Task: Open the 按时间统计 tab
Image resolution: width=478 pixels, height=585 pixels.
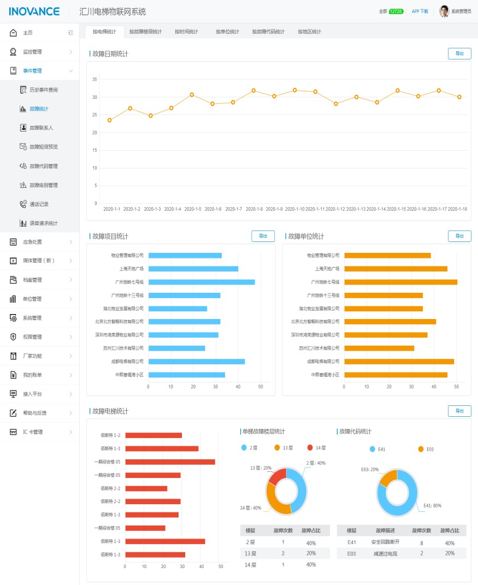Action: click(186, 32)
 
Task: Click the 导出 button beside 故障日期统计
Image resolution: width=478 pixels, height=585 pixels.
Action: click(459, 54)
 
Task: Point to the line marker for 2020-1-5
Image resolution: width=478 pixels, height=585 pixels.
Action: click(192, 94)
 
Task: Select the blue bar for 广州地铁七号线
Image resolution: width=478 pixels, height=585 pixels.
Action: click(202, 282)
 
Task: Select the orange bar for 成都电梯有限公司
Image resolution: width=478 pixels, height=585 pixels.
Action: click(399, 362)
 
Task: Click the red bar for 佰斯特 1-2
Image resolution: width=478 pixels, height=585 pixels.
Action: click(154, 435)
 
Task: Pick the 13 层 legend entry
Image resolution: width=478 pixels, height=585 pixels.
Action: click(284, 448)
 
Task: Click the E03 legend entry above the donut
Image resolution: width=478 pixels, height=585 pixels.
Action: click(426, 449)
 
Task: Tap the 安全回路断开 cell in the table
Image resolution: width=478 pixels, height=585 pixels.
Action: click(386, 543)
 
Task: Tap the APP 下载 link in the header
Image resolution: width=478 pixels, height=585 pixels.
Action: click(420, 11)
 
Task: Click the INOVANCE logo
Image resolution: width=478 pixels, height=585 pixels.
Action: click(34, 11)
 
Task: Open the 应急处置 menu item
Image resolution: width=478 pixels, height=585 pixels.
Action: click(32, 242)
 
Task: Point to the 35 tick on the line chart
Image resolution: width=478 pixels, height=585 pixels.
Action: click(95, 80)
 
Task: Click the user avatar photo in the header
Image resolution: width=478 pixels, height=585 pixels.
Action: click(444, 11)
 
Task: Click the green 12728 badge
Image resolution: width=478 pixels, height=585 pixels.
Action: click(396, 11)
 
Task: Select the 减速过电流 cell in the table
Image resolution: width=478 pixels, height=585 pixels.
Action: click(386, 553)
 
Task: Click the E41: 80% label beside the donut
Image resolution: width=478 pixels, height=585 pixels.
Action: click(433, 506)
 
